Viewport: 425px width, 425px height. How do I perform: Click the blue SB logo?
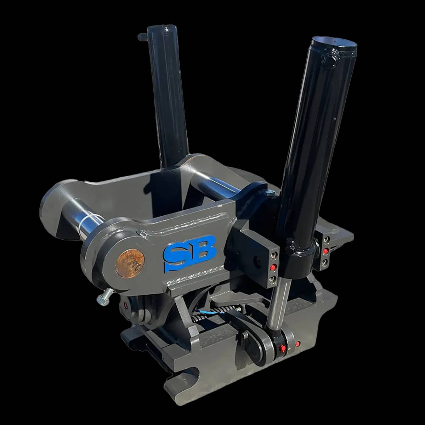pos(190,254)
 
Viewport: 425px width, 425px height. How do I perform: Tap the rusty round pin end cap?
pos(130,263)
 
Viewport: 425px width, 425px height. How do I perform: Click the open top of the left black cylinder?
pos(163,28)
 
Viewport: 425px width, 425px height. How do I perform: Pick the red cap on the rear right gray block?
pos(325,251)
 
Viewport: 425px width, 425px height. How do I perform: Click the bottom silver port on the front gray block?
pos(273,279)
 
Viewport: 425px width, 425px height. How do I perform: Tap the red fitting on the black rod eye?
pos(283,348)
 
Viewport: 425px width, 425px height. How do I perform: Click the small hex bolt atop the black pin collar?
pos(270,193)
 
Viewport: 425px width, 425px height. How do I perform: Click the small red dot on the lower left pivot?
pos(125,305)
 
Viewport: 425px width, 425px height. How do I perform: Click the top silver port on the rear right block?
pos(326,240)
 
